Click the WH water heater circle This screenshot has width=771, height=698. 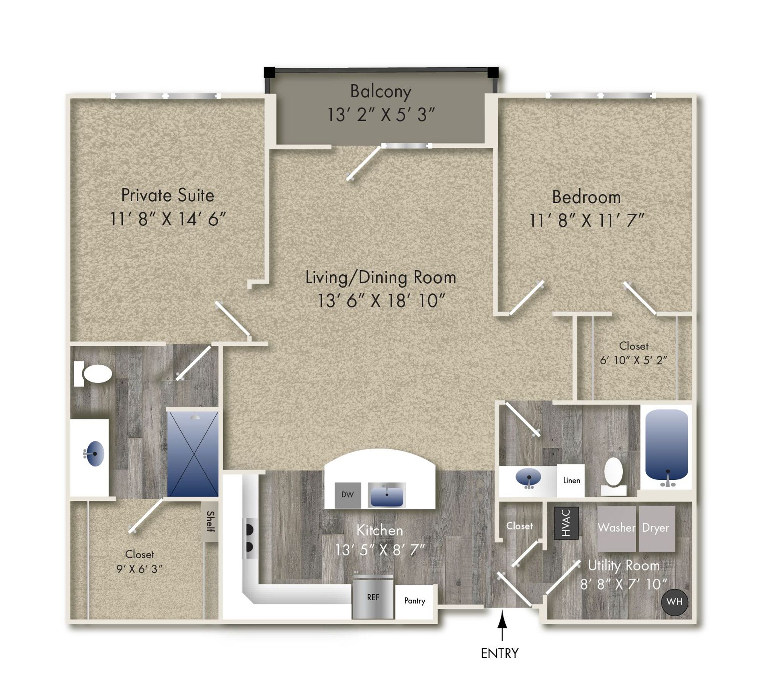[674, 602]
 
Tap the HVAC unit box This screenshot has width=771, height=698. [566, 523]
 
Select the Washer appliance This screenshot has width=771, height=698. [616, 528]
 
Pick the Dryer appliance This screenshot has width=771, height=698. [657, 528]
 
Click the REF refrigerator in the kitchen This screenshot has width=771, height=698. [372, 597]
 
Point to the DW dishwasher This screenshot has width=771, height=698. [347, 495]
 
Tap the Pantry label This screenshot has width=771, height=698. [414, 601]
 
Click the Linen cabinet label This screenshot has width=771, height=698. [571, 481]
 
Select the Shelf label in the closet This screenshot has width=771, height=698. [210, 521]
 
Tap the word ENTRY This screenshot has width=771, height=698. [500, 653]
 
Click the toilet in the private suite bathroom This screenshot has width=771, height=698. [93, 374]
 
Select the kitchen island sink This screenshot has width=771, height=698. [387, 495]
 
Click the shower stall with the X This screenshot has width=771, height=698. [193, 454]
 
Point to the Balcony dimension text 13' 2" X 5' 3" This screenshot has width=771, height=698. [381, 115]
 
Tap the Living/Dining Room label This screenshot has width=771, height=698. [381, 278]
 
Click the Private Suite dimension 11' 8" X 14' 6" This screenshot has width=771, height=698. [168, 219]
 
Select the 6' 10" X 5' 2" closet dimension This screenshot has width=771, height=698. [633, 360]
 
